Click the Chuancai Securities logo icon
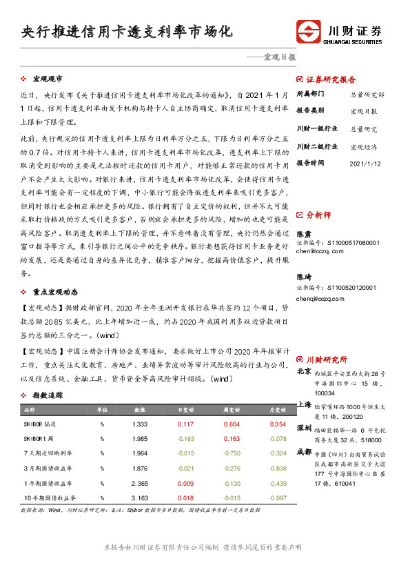[309, 32]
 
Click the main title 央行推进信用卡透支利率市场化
[127, 32]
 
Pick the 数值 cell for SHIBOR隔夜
[139, 424]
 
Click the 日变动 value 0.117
[185, 424]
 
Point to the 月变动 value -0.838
[278, 468]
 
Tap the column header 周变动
[232, 410]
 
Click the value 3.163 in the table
[139, 497]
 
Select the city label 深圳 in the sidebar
[304, 429]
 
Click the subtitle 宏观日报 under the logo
[279, 58]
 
